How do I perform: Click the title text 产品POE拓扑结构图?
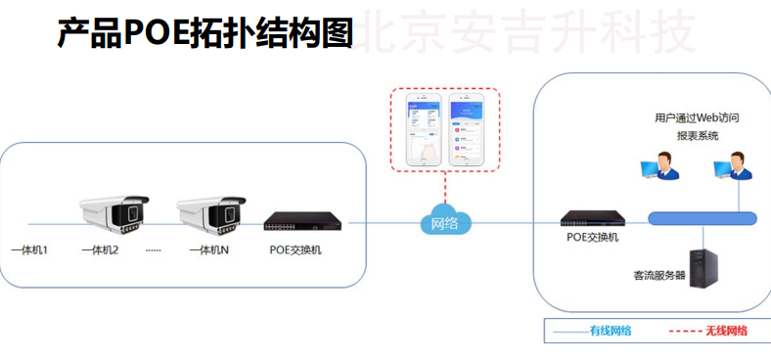tap(204, 34)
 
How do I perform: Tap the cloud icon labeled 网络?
tap(444, 222)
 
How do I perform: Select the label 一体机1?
tap(29, 250)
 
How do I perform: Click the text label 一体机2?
tap(100, 250)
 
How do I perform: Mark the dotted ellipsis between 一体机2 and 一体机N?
tap(153, 251)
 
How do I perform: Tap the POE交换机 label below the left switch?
tap(295, 250)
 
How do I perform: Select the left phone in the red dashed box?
tap(419, 129)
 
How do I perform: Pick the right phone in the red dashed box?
tap(470, 129)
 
